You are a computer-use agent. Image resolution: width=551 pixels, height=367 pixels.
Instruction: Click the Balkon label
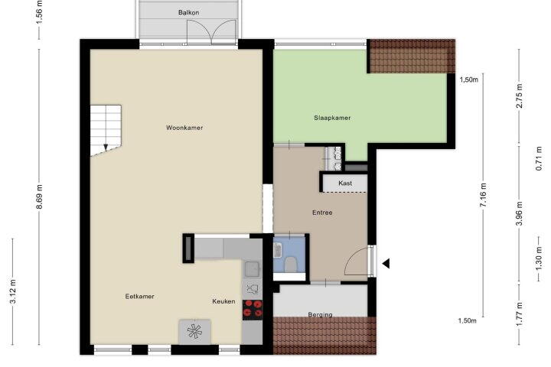point(189,13)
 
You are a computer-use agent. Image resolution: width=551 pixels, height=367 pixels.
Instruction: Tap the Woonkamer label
point(184,128)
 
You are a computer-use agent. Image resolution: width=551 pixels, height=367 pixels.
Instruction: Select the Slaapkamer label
point(332,118)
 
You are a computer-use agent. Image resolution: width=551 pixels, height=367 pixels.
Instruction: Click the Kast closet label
point(345,183)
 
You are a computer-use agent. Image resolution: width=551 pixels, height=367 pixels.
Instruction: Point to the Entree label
point(322,213)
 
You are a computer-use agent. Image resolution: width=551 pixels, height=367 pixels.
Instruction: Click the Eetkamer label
point(139,297)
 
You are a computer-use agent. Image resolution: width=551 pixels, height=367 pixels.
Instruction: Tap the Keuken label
point(223,301)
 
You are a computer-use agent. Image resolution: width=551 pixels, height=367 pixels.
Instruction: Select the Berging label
point(320,315)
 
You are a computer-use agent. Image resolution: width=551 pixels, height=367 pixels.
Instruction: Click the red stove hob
point(253,309)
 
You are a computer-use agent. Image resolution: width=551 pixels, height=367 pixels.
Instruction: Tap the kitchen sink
point(253,269)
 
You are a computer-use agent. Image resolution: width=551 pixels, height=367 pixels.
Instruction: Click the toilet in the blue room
point(290,265)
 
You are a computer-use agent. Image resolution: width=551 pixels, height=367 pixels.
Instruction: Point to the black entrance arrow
point(386,263)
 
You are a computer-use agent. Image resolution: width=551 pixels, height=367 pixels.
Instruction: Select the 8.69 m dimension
point(39,196)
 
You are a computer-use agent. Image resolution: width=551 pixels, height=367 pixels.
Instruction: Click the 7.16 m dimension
point(483,195)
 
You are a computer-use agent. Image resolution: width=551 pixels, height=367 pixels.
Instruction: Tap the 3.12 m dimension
point(13,291)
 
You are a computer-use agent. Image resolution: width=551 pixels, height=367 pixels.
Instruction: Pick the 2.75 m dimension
point(520,96)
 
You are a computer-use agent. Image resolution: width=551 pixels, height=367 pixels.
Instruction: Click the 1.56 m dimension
point(39,12)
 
